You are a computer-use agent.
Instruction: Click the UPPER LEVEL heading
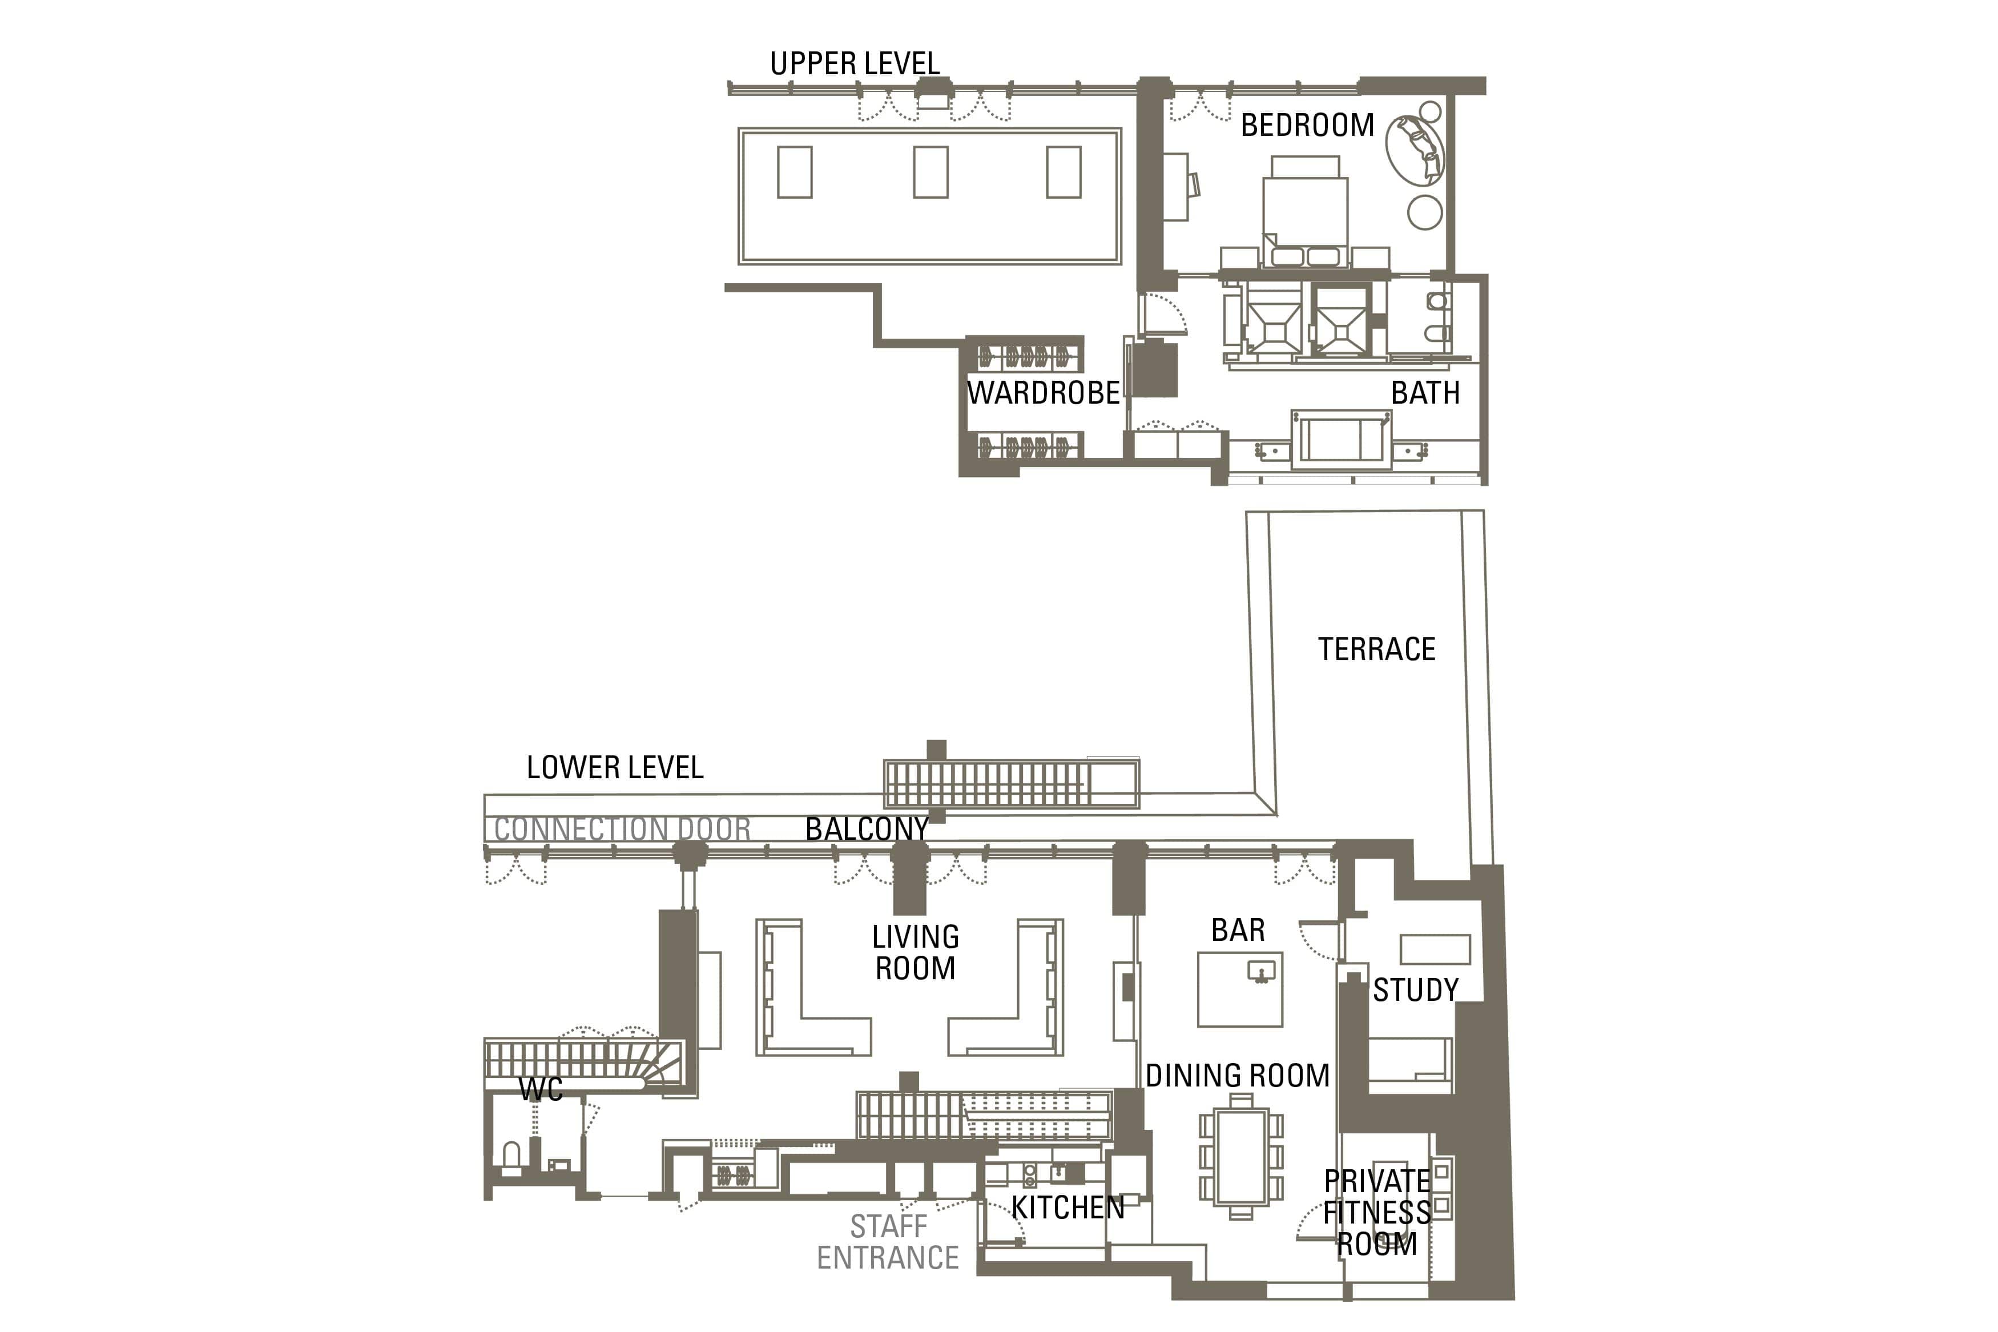pos(854,64)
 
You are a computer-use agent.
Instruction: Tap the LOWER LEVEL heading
pos(615,767)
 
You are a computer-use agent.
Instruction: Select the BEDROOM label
pos(1307,125)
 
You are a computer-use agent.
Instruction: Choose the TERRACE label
pos(1376,649)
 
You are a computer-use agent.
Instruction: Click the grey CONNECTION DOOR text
pos(622,829)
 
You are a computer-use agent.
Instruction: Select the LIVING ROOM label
pos(915,952)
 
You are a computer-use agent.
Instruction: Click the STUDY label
pos(1416,989)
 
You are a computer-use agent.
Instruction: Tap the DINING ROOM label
pos(1237,1076)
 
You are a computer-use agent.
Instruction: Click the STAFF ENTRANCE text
pos(888,1242)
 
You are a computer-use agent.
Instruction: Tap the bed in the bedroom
pos(1305,212)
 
